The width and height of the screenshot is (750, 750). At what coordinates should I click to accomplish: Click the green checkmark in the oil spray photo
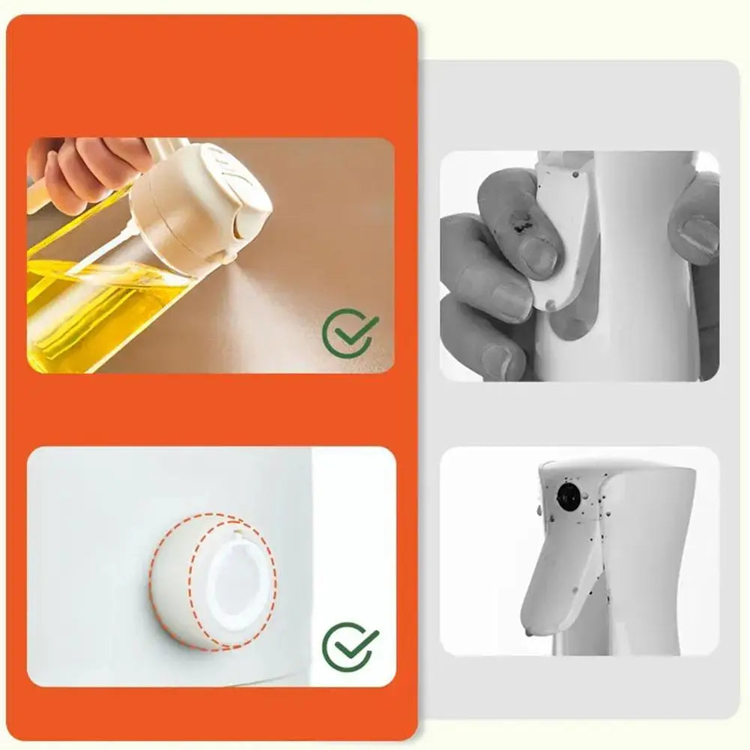(x=350, y=333)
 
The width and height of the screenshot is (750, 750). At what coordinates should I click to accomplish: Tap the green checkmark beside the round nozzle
(x=350, y=647)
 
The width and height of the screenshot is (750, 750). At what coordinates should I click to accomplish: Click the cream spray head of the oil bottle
(x=202, y=199)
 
